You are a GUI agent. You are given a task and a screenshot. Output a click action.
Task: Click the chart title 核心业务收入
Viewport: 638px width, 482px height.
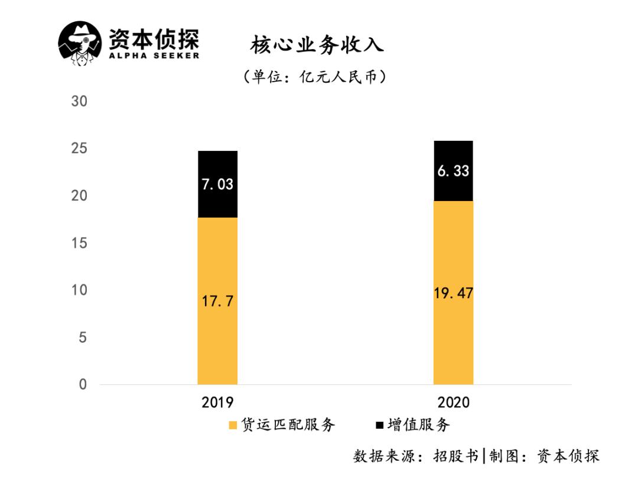click(317, 45)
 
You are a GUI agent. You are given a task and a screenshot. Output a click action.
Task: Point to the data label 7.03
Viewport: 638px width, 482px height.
click(217, 184)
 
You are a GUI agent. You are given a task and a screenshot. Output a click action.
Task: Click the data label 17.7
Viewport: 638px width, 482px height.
click(217, 302)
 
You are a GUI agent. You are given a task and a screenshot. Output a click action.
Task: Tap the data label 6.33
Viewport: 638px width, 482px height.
click(453, 172)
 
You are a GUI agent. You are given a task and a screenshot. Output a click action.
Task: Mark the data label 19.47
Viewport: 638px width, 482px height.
click(453, 293)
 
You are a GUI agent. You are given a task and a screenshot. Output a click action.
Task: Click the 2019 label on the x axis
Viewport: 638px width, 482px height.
click(217, 403)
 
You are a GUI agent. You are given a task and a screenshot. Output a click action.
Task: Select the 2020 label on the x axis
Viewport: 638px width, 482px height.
click(453, 403)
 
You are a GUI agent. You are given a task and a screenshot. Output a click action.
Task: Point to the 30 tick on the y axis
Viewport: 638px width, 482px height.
click(79, 101)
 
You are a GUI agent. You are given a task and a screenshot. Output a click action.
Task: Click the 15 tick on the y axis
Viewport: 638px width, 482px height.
click(79, 243)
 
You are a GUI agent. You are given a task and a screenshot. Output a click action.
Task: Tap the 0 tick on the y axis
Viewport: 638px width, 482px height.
click(83, 384)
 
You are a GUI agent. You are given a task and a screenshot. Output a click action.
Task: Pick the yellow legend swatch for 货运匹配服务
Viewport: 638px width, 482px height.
click(233, 425)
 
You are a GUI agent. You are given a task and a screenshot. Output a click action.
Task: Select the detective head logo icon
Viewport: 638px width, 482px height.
click(80, 43)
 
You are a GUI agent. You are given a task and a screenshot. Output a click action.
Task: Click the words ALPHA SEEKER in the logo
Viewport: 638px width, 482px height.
click(154, 56)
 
